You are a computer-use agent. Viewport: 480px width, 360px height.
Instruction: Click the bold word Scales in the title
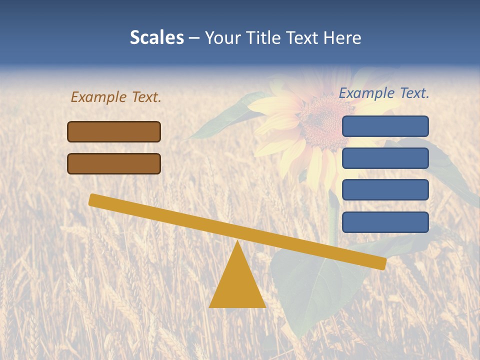[156, 37]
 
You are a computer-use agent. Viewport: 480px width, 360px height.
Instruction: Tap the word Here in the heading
[342, 37]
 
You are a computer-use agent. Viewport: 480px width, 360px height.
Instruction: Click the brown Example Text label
[116, 97]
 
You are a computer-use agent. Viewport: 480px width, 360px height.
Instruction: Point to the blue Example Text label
[384, 93]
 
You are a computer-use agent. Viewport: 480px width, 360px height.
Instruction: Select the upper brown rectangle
[114, 131]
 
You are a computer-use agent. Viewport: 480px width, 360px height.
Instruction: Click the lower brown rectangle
[114, 163]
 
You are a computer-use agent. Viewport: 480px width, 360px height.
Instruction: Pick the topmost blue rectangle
[385, 126]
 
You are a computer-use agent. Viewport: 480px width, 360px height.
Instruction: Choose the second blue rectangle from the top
[385, 158]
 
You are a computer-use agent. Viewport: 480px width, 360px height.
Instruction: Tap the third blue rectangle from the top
[385, 190]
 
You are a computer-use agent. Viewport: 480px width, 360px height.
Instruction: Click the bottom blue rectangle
[385, 222]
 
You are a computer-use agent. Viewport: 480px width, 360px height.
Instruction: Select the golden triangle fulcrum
[237, 285]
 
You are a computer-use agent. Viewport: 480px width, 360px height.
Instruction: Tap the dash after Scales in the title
[194, 37]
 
